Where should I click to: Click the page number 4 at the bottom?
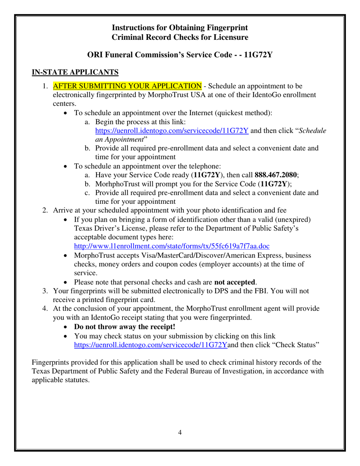(180, 433)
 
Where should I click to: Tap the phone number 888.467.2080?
(276, 175)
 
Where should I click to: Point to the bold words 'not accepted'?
(235, 282)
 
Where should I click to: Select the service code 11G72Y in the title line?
(258, 55)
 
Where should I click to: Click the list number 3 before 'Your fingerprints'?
(45, 291)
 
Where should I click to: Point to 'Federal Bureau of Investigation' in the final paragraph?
(212, 371)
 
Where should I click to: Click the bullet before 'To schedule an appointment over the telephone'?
(67, 166)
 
